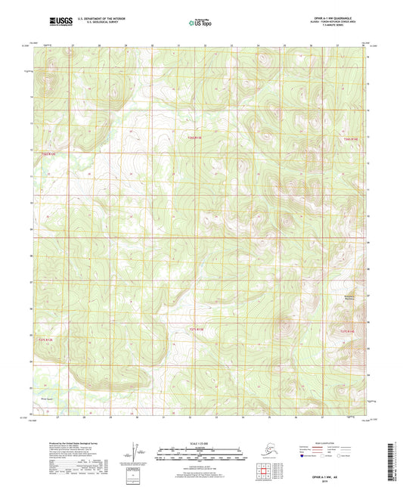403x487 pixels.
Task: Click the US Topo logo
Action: tap(201, 23)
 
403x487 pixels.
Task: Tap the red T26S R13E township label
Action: tap(195, 138)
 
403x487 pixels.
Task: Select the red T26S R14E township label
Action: tap(348, 140)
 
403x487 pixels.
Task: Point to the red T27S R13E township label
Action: tap(196, 329)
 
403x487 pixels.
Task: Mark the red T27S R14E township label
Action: tap(347, 331)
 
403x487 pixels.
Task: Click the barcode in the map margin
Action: tap(396, 462)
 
